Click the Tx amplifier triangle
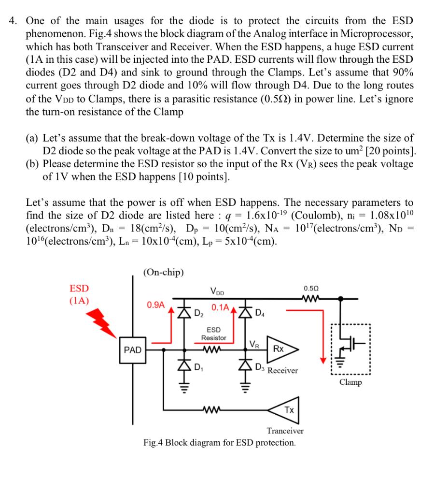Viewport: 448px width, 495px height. click(288, 409)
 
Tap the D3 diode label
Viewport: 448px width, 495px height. click(259, 370)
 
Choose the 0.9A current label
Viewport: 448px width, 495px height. click(156, 305)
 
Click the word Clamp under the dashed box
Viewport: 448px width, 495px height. click(350, 382)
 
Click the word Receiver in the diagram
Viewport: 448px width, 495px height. click(283, 371)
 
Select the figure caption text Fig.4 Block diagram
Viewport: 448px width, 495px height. click(220, 442)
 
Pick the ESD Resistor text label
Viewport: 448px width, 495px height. click(213, 334)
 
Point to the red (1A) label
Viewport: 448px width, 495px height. click(79, 300)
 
